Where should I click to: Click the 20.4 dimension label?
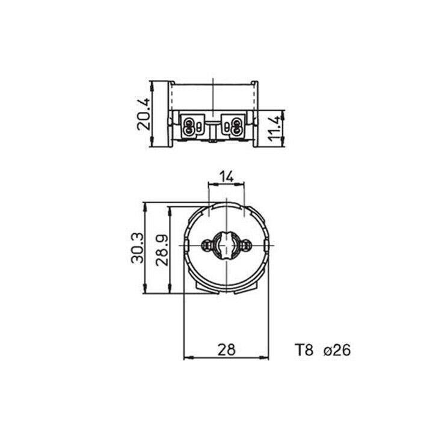[143, 114]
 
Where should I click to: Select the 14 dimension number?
[227, 176]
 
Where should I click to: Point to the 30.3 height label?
[137, 248]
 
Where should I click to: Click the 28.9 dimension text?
[162, 250]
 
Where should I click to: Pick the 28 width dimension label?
[226, 350]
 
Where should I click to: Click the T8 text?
[304, 350]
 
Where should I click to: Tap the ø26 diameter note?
[337, 350]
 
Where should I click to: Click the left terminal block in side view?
[192, 126]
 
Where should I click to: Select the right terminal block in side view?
[233, 126]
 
